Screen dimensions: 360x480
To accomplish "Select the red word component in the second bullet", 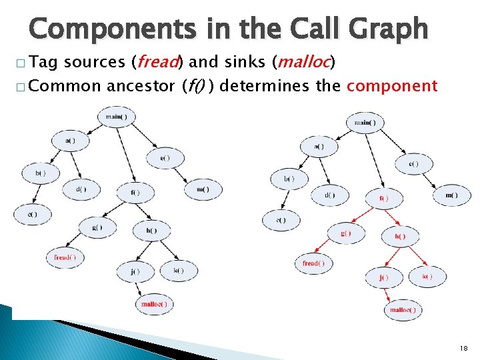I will point(392,86).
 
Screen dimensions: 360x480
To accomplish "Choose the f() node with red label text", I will point(383,198).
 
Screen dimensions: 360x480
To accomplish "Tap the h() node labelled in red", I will point(400,236).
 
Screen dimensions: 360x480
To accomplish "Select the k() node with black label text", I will point(178,270).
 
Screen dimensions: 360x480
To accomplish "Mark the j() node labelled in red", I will point(383,277).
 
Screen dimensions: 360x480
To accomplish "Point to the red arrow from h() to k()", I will point(415,256).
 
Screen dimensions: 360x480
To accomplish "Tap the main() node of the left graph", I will point(116,117).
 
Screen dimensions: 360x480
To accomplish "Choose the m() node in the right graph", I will point(451,195).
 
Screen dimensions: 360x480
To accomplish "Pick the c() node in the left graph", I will point(31,214).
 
